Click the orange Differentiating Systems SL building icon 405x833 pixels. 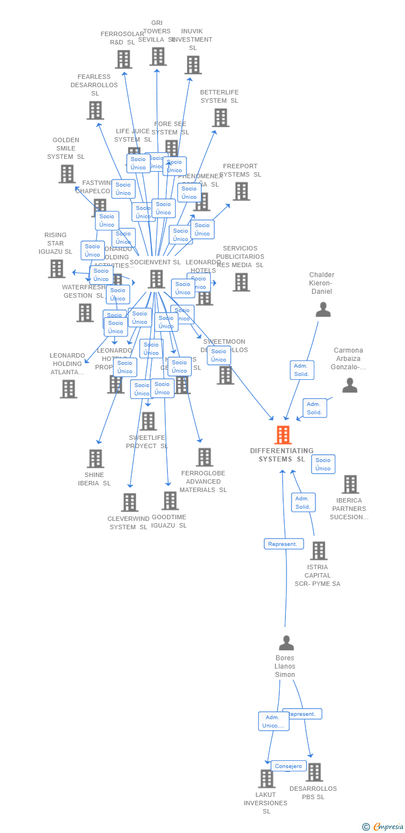pos(283,435)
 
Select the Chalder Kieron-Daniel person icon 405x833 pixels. pos(323,309)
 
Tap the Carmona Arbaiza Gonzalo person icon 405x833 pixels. pos(349,385)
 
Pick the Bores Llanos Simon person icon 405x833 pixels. pos(286,643)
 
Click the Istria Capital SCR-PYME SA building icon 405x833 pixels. pos(319,551)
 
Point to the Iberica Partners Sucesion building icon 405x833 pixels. pos(350,484)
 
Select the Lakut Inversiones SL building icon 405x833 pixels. pos(267,779)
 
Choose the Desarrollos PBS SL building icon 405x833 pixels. pos(314,772)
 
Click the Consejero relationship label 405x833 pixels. pos(289,766)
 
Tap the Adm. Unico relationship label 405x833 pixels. pos(273,721)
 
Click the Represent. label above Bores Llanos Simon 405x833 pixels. pos(284,544)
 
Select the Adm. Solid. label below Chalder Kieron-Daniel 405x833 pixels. pos(302,370)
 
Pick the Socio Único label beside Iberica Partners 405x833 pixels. pos(323,464)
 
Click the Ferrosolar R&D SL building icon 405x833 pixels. pos(124,59)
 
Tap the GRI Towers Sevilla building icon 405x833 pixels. pos(157,56)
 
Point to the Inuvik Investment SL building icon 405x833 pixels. pos(193,65)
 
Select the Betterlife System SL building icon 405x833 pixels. pos(221,117)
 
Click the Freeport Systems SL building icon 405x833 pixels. pos(241,191)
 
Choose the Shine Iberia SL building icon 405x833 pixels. pos(96,458)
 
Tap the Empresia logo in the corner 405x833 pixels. pos(384,826)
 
